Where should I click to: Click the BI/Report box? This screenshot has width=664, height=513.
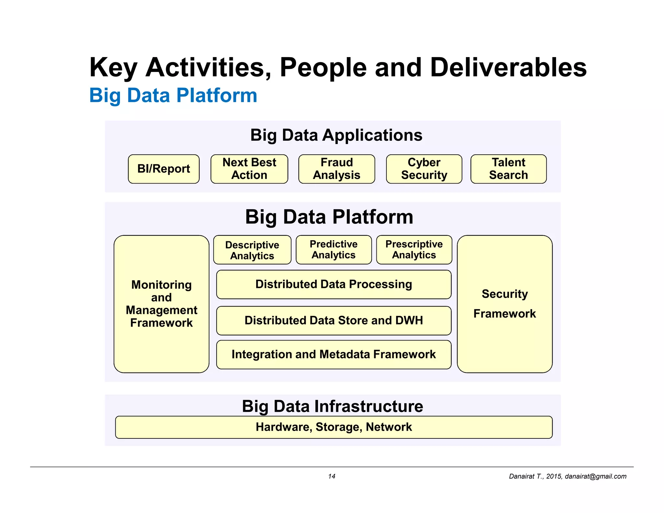coord(163,169)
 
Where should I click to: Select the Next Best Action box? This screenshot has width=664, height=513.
coord(249,169)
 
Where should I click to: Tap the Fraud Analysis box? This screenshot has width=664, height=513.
coord(337,169)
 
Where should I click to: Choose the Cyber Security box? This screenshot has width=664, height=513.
coord(424,169)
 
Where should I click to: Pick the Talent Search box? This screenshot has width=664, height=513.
coord(508,169)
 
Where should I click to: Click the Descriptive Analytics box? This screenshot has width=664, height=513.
coord(252,250)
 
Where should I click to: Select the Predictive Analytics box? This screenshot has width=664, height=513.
coord(333,250)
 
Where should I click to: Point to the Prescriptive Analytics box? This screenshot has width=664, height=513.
coord(414,250)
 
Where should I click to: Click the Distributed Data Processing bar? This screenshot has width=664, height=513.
coord(334,284)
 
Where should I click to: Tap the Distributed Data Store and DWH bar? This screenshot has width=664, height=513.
coord(334,321)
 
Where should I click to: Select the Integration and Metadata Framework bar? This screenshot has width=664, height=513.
coord(334,354)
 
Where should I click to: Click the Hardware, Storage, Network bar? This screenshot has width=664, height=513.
coord(334,427)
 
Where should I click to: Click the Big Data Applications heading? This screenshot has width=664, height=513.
coord(336,135)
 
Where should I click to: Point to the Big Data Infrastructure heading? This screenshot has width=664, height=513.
coord(332,406)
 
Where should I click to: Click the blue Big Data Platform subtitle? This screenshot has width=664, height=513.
coord(173,96)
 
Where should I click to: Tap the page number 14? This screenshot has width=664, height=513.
coord(331,476)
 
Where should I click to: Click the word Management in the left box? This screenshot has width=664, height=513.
coord(161,310)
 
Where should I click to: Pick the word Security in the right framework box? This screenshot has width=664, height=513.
coord(504,294)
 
